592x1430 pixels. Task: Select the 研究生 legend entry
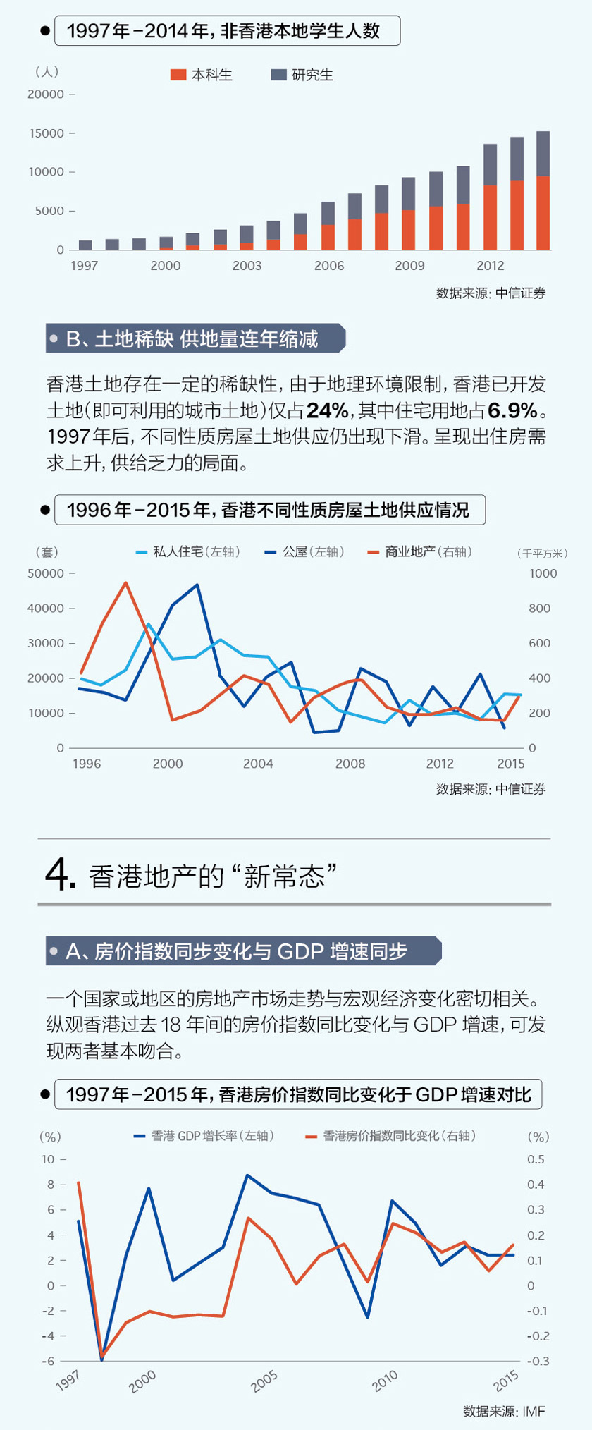[302, 75]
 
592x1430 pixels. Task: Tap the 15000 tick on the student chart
[46, 133]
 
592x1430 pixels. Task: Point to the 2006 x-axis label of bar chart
[329, 266]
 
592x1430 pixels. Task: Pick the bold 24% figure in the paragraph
[328, 410]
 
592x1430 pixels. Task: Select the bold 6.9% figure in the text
[512, 410]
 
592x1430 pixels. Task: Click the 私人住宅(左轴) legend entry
[188, 551]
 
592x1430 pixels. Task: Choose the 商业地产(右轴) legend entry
[420, 551]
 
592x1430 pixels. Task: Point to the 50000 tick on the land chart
[46, 573]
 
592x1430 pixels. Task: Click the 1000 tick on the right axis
[543, 573]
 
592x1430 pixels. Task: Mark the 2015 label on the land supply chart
[510, 764]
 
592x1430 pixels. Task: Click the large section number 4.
[60, 876]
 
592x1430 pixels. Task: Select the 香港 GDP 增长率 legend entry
[204, 1136]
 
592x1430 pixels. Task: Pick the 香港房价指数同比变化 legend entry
[390, 1136]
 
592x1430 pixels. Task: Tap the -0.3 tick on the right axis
[538, 1362]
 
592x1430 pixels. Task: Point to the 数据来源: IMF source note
[504, 1411]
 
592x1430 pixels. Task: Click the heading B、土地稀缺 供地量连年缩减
[192, 339]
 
